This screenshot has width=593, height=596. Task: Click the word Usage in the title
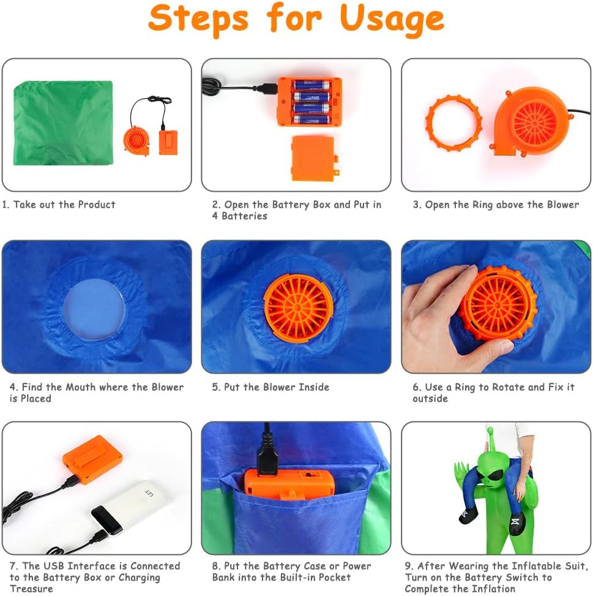click(392, 19)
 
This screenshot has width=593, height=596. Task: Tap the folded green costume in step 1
click(64, 123)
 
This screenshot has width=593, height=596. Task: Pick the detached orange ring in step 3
click(453, 123)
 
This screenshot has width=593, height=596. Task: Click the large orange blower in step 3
click(530, 123)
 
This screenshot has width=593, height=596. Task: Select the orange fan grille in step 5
click(299, 307)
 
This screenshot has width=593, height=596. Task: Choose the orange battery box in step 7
click(93, 459)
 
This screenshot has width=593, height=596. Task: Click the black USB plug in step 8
click(267, 460)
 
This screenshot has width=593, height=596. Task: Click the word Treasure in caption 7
click(31, 589)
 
